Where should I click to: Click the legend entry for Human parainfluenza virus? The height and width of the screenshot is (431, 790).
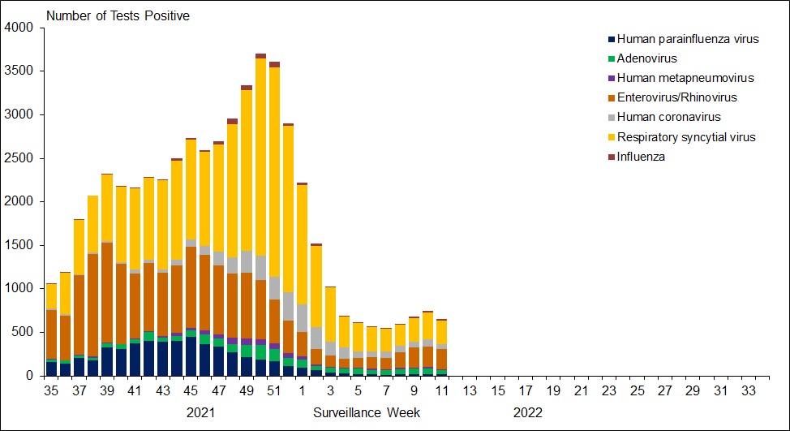[x=688, y=39]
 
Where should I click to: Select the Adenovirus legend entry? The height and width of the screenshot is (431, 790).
[x=647, y=58]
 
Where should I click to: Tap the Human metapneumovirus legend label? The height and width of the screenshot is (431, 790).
[x=685, y=78]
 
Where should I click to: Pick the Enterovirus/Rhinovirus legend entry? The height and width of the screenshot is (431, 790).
[x=676, y=98]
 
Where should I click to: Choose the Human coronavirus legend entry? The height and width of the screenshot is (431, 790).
[x=668, y=118]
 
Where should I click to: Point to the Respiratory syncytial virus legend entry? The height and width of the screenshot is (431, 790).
[x=686, y=137]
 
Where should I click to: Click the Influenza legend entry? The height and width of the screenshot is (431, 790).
[x=641, y=157]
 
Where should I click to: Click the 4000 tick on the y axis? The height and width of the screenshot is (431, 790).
[x=19, y=28]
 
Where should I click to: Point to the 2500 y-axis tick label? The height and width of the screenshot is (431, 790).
[x=19, y=158]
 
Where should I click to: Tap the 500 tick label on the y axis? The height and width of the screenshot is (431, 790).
[x=22, y=332]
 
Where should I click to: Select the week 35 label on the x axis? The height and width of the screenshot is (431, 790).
[x=51, y=390]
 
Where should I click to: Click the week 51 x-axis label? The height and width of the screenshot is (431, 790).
[x=275, y=390]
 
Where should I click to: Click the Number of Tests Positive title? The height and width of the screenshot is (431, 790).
[x=118, y=16]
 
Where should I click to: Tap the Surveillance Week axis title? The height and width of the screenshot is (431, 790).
[x=367, y=412]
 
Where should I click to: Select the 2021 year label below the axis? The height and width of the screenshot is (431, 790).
[x=201, y=412]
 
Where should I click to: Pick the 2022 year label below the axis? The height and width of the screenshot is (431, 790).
[x=527, y=412]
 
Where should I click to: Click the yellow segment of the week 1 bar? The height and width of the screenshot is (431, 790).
[x=303, y=244]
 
